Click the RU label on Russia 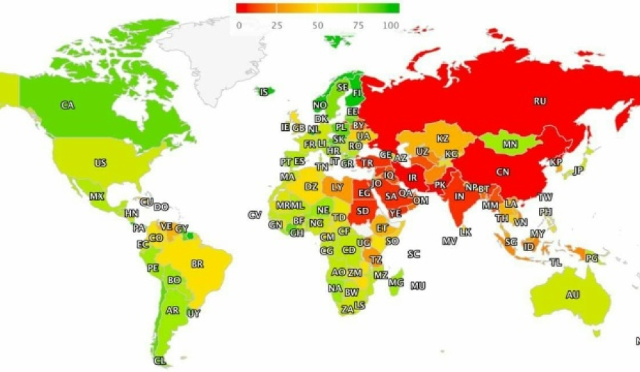click(x=540, y=101)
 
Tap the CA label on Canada click(x=67, y=105)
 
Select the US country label click(x=100, y=164)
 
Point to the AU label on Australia click(x=572, y=294)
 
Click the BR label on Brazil click(x=198, y=264)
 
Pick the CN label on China click(x=503, y=172)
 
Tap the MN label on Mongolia click(x=510, y=144)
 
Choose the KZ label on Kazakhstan click(x=442, y=139)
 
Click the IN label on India click(x=459, y=197)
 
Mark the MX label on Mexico click(x=97, y=196)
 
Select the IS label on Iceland click(x=264, y=92)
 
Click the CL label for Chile click(x=160, y=361)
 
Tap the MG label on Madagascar click(x=395, y=282)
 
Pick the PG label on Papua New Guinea click(x=591, y=258)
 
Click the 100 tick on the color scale click(x=391, y=26)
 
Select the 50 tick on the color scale click(x=318, y=26)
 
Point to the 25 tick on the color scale click(x=277, y=26)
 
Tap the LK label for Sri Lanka click(x=466, y=232)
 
